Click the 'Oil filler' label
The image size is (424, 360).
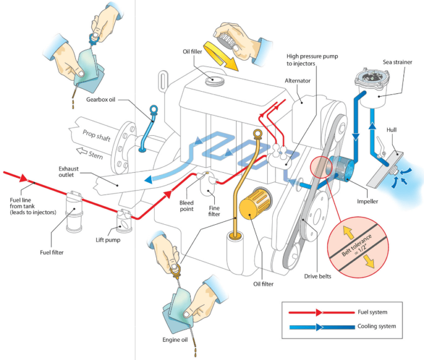tap(195, 52)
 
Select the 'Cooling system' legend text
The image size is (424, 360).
tap(377, 326)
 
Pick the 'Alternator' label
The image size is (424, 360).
tap(298, 80)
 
